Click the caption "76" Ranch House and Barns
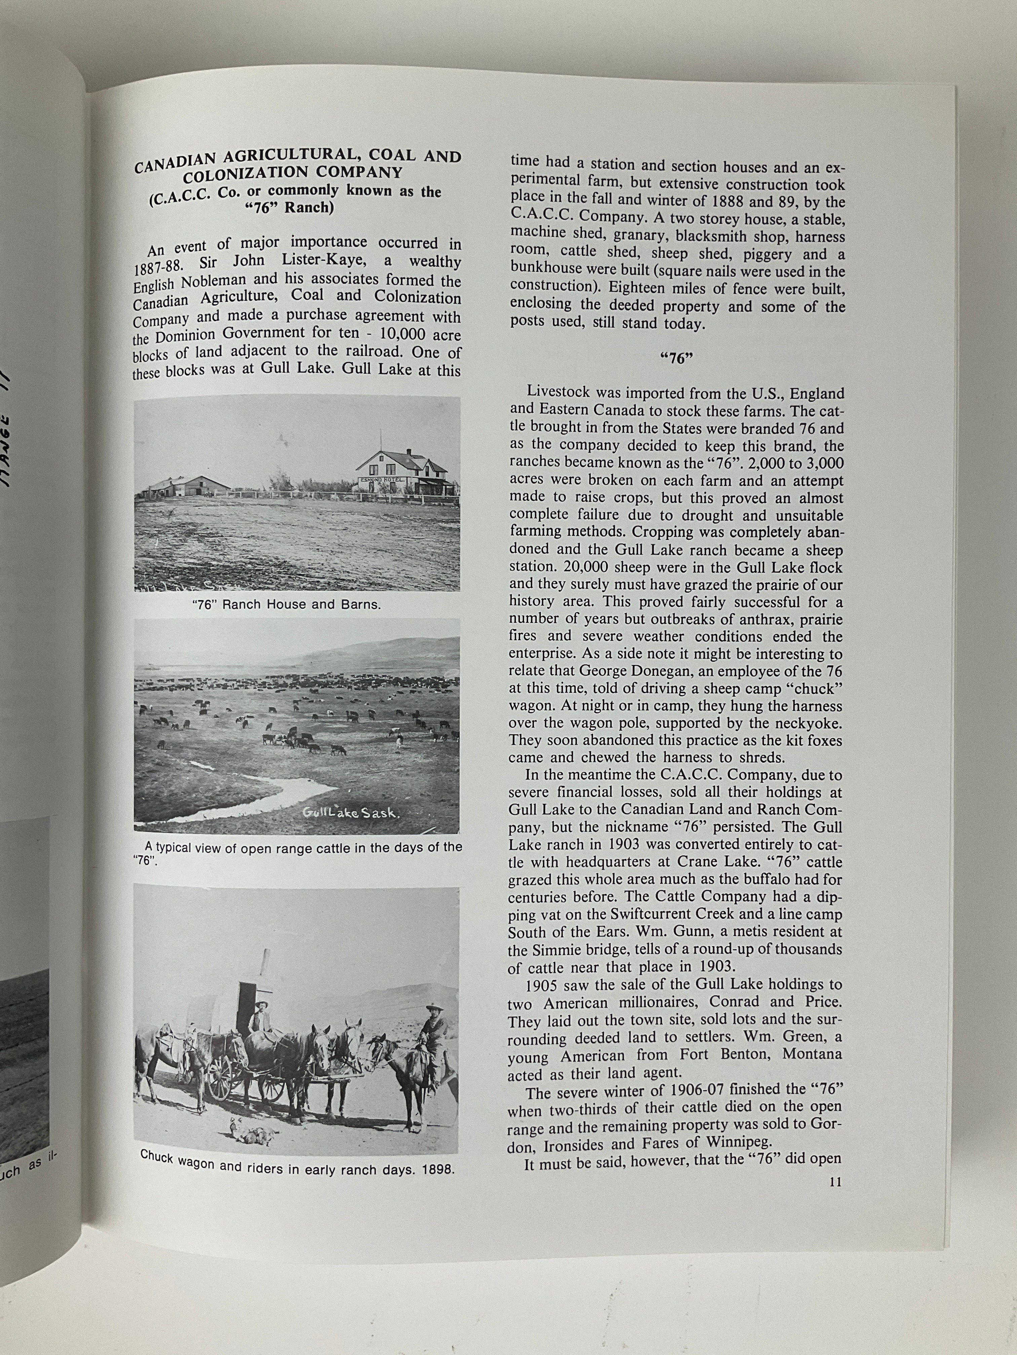286,605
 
